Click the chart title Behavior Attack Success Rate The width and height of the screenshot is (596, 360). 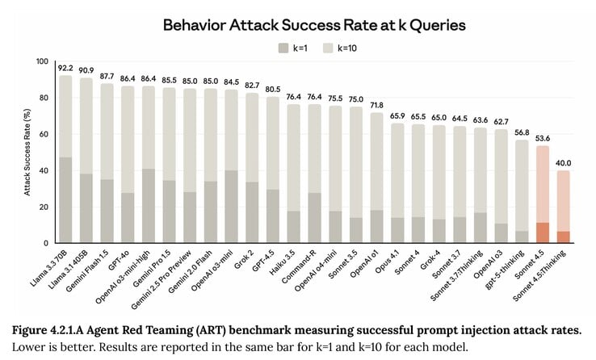[314, 25]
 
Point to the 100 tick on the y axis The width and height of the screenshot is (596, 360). [42, 62]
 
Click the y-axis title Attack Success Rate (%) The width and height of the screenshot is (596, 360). [27, 152]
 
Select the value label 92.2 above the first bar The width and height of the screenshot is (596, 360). [66, 68]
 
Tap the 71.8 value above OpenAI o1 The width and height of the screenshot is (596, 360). [376, 105]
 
